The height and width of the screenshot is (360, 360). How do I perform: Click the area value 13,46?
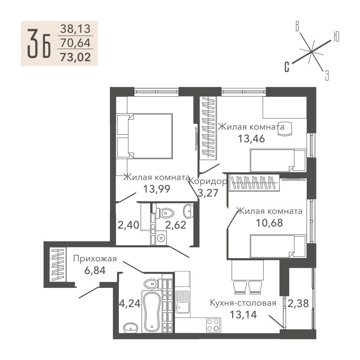251,139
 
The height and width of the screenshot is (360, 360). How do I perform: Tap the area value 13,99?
157,189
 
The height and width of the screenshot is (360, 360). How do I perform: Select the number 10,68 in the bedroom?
269,223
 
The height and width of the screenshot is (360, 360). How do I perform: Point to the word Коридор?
208,181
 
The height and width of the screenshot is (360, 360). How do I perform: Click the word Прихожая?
95,259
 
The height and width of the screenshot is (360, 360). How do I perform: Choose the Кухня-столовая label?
243,303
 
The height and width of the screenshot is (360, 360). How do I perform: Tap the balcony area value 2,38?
298,303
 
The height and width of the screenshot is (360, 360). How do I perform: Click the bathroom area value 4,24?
130,303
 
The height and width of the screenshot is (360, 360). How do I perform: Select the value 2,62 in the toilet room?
176,225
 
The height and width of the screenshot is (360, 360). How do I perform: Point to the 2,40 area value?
129,225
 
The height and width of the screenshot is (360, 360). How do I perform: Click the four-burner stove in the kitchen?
213,325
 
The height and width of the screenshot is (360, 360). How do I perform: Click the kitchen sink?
183,302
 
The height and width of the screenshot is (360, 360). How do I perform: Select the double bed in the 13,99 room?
144,136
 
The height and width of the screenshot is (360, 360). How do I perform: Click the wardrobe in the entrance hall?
57,265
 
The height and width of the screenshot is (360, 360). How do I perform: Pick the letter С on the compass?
287,67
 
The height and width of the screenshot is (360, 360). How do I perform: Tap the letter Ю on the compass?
336,37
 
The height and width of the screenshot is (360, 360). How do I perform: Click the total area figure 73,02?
75,57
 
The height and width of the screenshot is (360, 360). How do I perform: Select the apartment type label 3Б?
39,44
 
